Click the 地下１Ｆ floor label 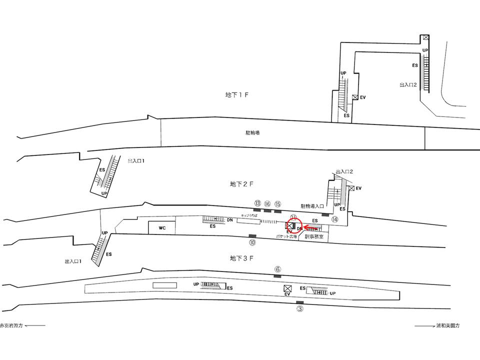[x=236, y=94]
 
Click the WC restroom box [x=162, y=228]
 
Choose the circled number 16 [x=267, y=203]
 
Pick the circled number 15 [x=278, y=203]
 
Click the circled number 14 [x=334, y=219]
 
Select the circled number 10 [x=252, y=242]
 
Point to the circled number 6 [x=277, y=268]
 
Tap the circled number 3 [x=300, y=308]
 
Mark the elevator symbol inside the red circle [x=290, y=225]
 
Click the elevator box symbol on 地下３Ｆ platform [x=287, y=288]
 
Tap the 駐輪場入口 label [x=312, y=205]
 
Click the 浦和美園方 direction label [x=437, y=325]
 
